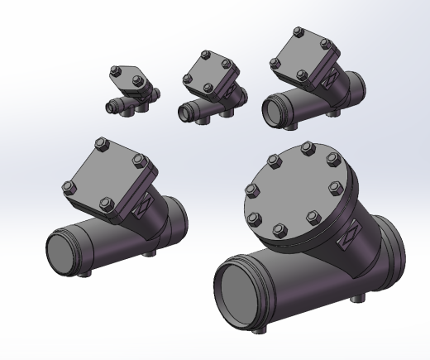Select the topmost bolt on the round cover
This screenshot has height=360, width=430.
point(307,150)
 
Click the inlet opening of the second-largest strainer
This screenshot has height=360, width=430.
point(64,249)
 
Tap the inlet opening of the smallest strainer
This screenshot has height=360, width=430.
point(109,107)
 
